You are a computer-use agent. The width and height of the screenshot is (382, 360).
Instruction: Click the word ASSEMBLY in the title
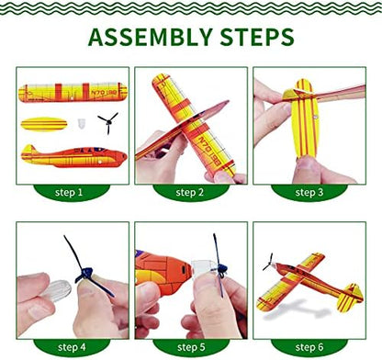pyautogui.click(x=151, y=37)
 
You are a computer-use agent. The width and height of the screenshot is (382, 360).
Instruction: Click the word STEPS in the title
pyautogui.click(x=257, y=37)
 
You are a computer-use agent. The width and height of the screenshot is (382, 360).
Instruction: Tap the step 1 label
pyautogui.click(x=69, y=192)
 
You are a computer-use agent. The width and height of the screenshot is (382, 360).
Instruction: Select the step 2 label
pyautogui.click(x=190, y=192)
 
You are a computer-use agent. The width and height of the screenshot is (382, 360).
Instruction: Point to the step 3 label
pyautogui.click(x=309, y=192)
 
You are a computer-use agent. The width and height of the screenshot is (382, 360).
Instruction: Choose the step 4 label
pyautogui.click(x=72, y=347)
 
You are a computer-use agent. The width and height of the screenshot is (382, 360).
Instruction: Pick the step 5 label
pyautogui.click(x=191, y=347)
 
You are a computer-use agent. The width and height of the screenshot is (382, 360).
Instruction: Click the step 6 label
pyautogui.click(x=309, y=347)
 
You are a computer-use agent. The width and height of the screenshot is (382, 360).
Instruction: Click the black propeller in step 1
pyautogui.click(x=108, y=123)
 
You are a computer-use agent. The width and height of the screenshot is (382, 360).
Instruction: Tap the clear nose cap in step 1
pyautogui.click(x=81, y=123)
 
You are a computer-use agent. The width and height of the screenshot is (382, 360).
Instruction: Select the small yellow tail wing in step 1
pyautogui.click(x=44, y=124)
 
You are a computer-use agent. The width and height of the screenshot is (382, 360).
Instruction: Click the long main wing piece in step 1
pyautogui.click(x=73, y=92)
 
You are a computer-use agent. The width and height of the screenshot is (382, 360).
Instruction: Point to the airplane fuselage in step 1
pyautogui.click(x=73, y=156)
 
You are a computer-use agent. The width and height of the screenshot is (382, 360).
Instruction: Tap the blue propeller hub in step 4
pyautogui.click(x=86, y=273)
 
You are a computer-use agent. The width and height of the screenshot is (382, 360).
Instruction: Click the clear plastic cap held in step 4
pyautogui.click(x=57, y=289)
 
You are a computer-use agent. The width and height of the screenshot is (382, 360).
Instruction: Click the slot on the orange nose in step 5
pyautogui.click(x=184, y=270)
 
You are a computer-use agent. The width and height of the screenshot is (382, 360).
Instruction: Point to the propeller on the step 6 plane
pyautogui.click(x=268, y=262)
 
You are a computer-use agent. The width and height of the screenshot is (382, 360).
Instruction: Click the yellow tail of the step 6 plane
pyautogui.click(x=350, y=298)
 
